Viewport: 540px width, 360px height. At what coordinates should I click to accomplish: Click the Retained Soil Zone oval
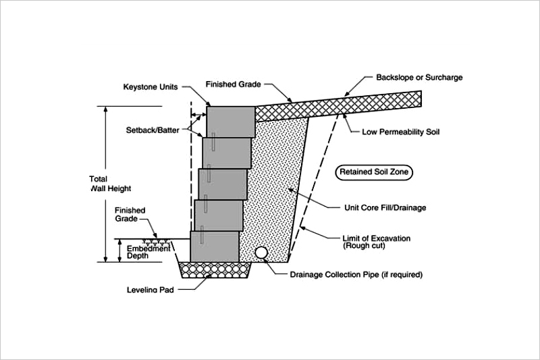click(373, 173)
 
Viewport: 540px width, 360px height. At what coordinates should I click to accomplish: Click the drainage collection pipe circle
click(261, 252)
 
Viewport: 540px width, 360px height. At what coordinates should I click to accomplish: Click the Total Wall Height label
click(109, 184)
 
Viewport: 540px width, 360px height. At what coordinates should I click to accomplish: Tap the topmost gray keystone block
click(231, 121)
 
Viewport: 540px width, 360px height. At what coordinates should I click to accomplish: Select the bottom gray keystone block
click(215, 247)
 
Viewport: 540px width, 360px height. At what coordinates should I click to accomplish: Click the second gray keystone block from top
click(227, 152)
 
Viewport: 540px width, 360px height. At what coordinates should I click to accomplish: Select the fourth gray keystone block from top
click(219, 215)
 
